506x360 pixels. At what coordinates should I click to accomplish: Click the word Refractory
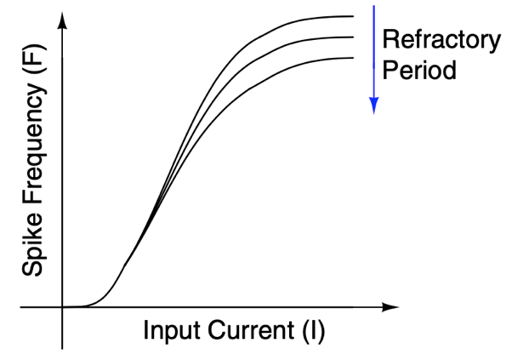441,41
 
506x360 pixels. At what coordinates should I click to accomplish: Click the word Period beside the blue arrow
419,70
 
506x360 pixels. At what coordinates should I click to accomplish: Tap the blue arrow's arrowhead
374,106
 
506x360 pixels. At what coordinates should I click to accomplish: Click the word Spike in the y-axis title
32,243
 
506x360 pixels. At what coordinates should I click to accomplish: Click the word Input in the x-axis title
171,330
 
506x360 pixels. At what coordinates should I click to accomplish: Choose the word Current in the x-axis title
251,330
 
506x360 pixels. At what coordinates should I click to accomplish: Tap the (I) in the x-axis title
314,331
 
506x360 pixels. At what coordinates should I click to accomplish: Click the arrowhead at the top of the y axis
62,20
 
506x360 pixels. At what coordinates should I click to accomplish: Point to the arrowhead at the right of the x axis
390,307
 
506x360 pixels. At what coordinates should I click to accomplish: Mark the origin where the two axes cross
62,307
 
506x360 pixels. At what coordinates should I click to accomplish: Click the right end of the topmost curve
354,16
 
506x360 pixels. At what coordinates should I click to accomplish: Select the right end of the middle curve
354,37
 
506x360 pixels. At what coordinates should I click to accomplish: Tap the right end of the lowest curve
354,58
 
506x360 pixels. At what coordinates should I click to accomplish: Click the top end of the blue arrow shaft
374,5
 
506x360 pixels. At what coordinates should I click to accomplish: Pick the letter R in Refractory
390,39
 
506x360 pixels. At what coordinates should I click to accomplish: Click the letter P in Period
389,70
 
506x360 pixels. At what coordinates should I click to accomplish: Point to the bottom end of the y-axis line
62,349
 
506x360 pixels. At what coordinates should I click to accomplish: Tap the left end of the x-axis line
20,307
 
